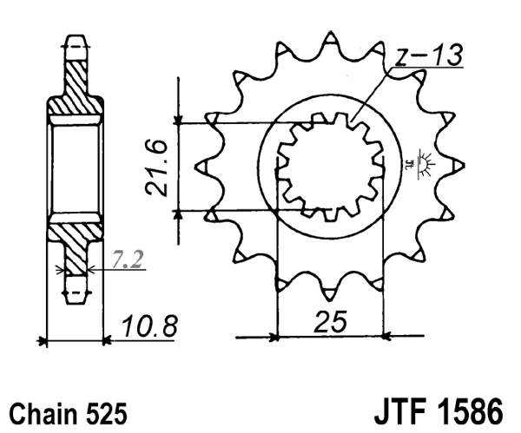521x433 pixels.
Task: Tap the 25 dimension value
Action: [331, 322]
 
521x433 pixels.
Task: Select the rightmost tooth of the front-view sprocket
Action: [458, 165]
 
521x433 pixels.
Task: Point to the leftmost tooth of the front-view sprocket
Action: [206, 165]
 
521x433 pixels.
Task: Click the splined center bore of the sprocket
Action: [330, 165]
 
